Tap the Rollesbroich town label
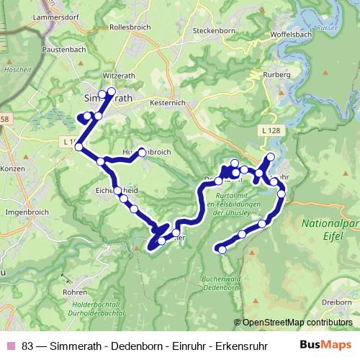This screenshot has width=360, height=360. point(130,27)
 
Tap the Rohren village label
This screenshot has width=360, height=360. point(75,292)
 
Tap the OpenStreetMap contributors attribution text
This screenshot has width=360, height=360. point(297,323)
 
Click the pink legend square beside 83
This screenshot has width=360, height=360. point(11,345)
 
